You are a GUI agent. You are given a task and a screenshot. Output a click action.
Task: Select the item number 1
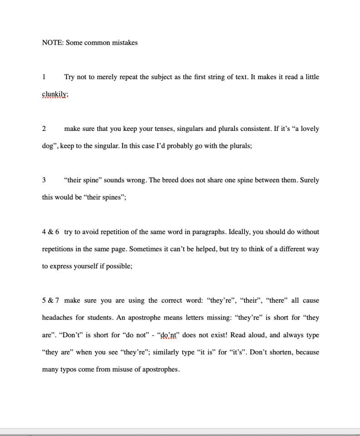(44, 77)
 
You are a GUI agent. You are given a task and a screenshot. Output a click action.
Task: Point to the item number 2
(44, 129)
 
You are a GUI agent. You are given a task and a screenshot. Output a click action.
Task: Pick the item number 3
(44, 180)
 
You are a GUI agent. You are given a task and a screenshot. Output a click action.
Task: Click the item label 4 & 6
(50, 232)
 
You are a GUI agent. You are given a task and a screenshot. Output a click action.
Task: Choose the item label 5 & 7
(50, 301)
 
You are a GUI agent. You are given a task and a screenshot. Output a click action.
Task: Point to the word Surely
(309, 180)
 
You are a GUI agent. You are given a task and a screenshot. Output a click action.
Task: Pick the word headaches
(58, 318)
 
